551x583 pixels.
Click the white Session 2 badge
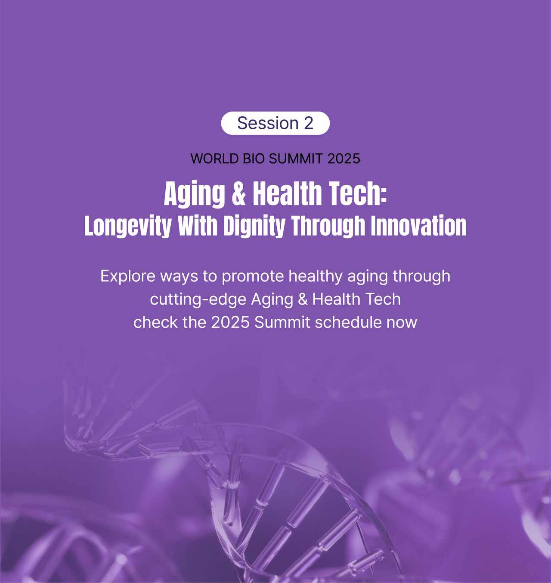[x=275, y=123]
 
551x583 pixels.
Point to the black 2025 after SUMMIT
[x=344, y=159]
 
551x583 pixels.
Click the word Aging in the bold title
[x=194, y=194]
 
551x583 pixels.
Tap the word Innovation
[x=419, y=225]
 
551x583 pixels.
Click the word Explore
[x=128, y=276]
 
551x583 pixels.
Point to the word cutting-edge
[x=198, y=299]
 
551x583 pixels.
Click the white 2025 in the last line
[x=230, y=322]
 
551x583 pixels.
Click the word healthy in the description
[x=316, y=277]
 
